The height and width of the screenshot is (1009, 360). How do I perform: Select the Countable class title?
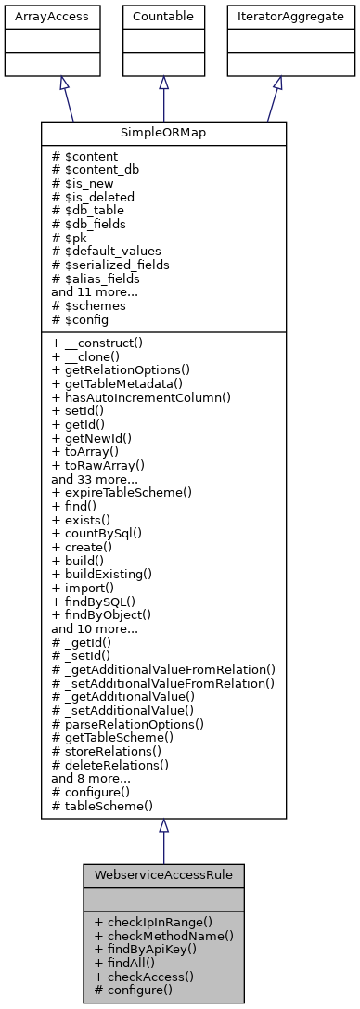pyautogui.click(x=164, y=16)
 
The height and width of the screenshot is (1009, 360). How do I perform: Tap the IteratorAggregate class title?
pyautogui.click(x=276, y=16)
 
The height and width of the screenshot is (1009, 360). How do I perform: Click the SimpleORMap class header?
pyautogui.click(x=163, y=133)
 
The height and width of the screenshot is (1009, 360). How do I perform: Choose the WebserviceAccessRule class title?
pyautogui.click(x=163, y=875)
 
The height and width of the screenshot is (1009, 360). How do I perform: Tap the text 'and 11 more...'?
pyautogui.click(x=95, y=291)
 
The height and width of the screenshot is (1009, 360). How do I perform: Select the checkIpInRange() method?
pyautogui.click(x=153, y=922)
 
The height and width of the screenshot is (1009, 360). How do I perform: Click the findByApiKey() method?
pyautogui.click(x=148, y=949)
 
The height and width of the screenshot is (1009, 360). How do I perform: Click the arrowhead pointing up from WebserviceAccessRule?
pyautogui.click(x=163, y=826)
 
